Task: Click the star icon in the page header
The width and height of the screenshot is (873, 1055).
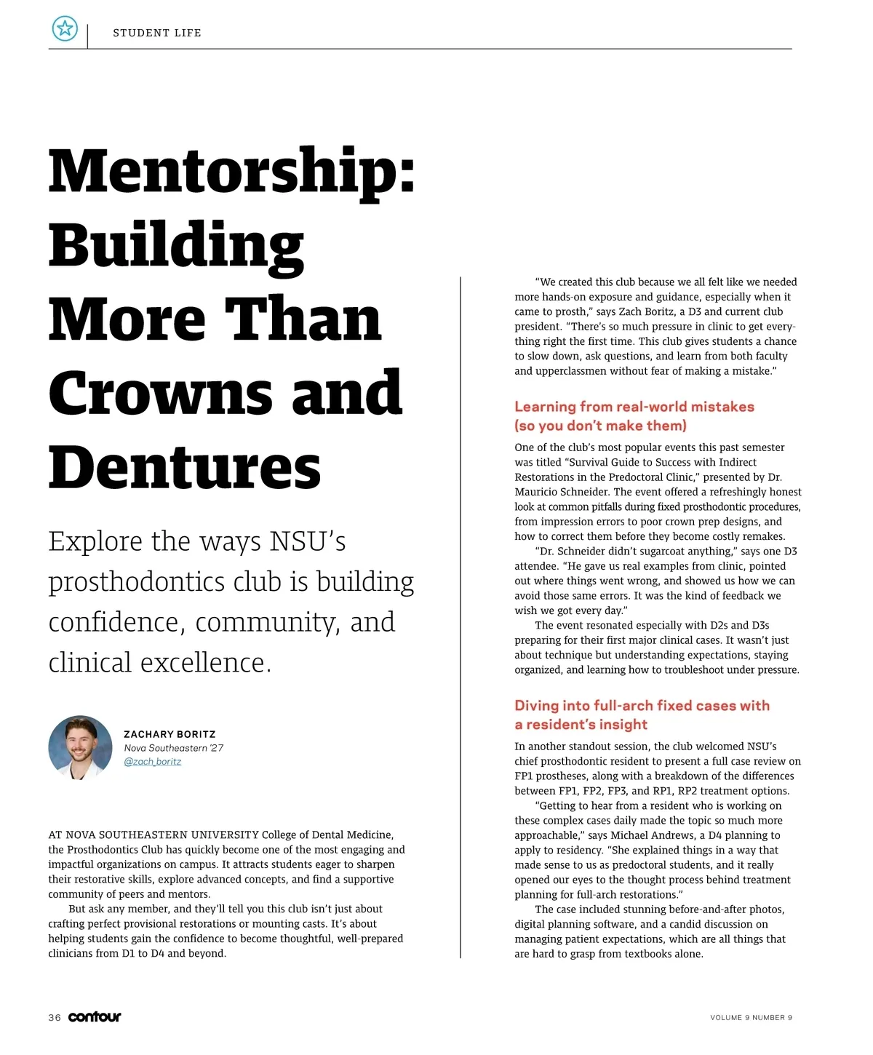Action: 65,29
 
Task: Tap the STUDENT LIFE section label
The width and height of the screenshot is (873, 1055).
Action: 157,33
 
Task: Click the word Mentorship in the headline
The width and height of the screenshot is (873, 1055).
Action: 231,172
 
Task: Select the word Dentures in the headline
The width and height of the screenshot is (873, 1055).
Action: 185,467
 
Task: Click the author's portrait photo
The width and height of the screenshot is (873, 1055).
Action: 80,747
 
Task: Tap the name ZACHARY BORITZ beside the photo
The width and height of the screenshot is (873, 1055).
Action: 170,734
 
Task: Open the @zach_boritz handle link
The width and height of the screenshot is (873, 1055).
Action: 152,762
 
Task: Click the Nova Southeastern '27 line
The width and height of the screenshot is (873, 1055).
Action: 173,748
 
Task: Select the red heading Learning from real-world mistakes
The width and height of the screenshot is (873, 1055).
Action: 634,407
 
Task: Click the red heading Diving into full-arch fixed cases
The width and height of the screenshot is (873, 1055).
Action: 641,706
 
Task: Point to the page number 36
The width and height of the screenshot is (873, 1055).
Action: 55,1017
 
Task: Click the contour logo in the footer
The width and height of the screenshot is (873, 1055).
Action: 95,1016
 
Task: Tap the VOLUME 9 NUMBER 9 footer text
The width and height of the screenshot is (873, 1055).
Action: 751,1017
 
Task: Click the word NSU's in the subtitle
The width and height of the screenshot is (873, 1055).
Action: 307,541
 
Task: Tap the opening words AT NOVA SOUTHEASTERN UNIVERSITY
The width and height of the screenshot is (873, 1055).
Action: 154,835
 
